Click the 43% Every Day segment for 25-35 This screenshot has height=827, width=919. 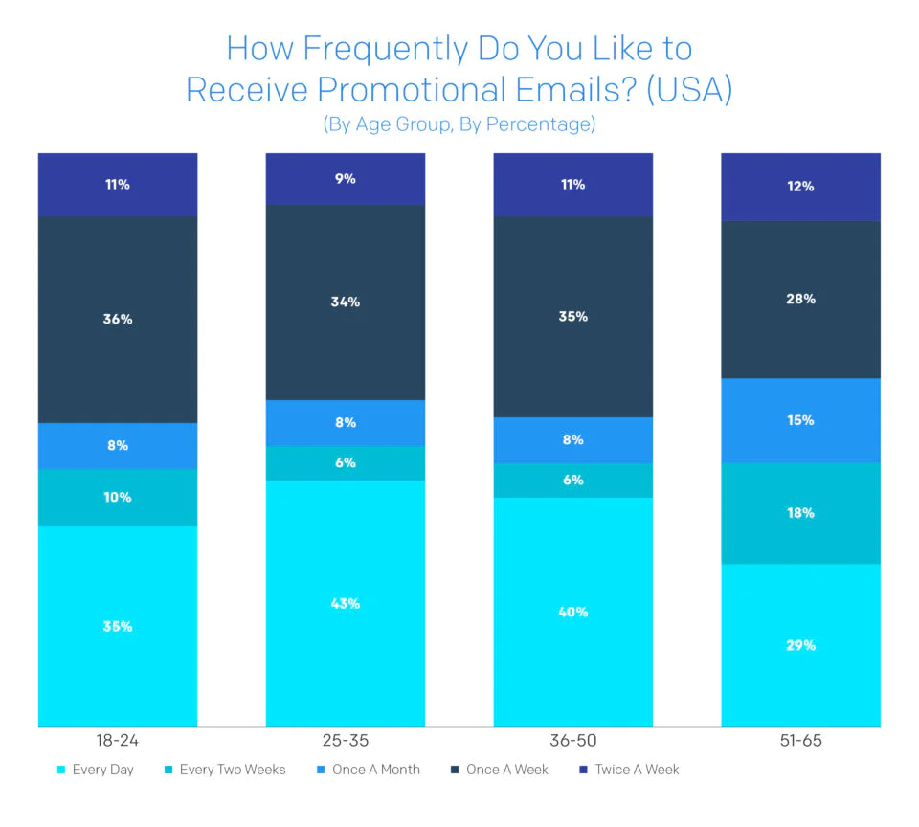tap(346, 603)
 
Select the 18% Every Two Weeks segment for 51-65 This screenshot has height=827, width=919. tap(800, 513)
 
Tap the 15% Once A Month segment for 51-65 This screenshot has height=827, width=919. tap(800, 420)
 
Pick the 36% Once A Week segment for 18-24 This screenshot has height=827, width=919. tap(118, 319)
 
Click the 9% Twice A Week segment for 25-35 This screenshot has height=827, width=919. tap(346, 179)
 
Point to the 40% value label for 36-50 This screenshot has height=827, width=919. tap(572, 613)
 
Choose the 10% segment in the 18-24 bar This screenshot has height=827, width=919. tap(118, 498)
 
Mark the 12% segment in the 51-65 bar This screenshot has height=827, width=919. tap(800, 187)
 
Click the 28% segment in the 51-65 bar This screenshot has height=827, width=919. tap(800, 300)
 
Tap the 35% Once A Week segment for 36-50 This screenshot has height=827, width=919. tap(572, 317)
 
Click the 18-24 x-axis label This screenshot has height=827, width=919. tap(118, 741)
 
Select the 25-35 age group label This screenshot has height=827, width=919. tap(346, 741)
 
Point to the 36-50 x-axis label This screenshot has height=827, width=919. tap(572, 741)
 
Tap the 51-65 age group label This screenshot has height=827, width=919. tap(800, 741)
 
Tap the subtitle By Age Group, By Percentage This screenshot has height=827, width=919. tap(459, 124)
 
